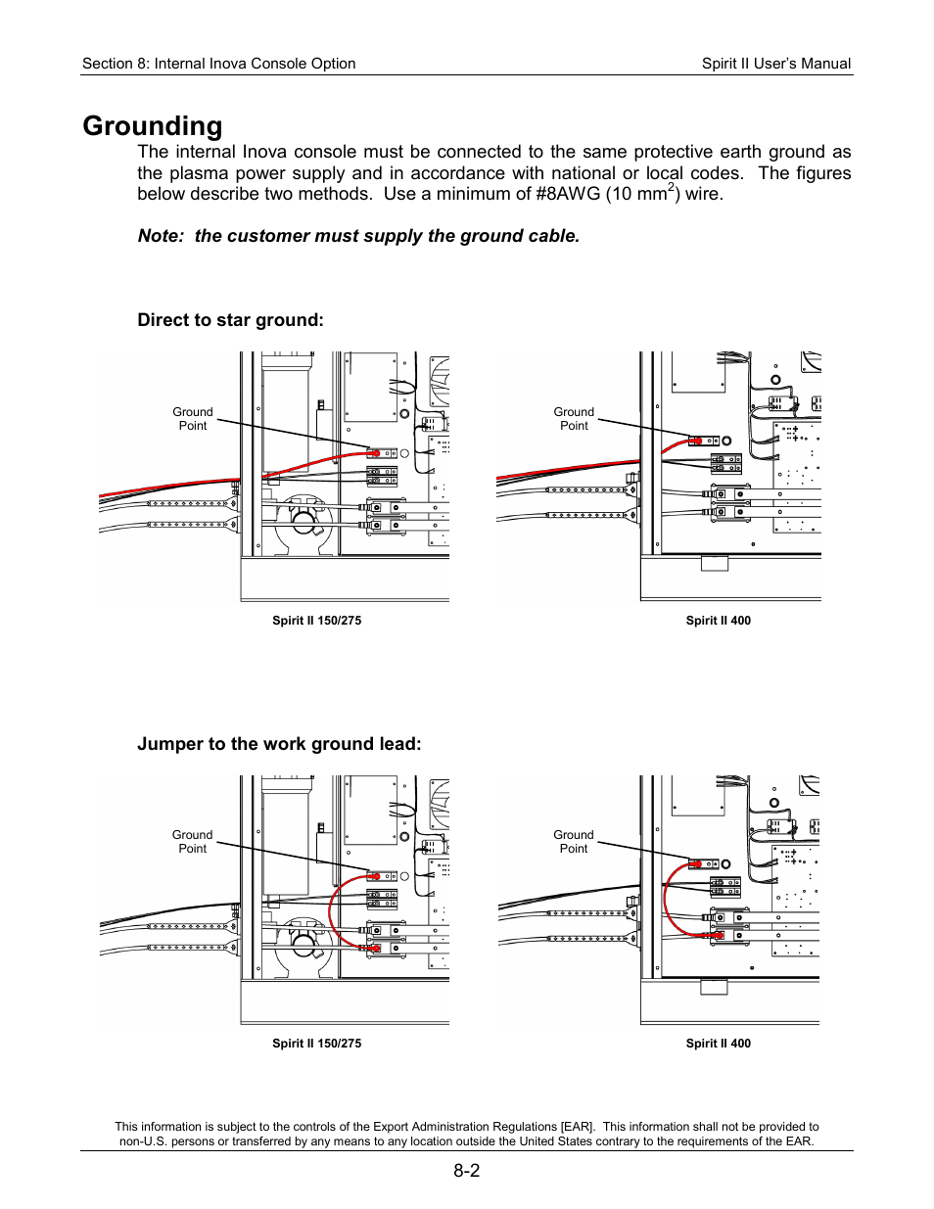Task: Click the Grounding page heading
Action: pos(153,126)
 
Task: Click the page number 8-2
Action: pos(466,1171)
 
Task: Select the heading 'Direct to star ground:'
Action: pos(230,320)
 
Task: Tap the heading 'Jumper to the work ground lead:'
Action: pos(279,744)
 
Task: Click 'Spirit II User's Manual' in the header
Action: pos(775,64)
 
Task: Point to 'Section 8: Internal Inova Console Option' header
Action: pos(218,64)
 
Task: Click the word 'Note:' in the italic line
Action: pos(161,236)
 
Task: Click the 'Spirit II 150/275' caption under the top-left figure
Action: pos(316,621)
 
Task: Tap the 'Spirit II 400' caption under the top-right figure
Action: pos(718,621)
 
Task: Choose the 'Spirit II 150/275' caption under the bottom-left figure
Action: pos(316,1044)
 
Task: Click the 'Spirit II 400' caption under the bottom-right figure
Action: pos(718,1044)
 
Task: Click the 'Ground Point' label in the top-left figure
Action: pos(193,419)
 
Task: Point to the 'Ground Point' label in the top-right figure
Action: pos(574,419)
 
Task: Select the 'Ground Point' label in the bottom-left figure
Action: pos(193,842)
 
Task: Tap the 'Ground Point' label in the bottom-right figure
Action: pos(574,842)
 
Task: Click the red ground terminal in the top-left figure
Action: pos(374,453)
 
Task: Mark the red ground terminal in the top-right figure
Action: pos(695,441)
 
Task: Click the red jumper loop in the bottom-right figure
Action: pos(666,901)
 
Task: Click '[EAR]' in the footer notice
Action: pos(577,1127)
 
